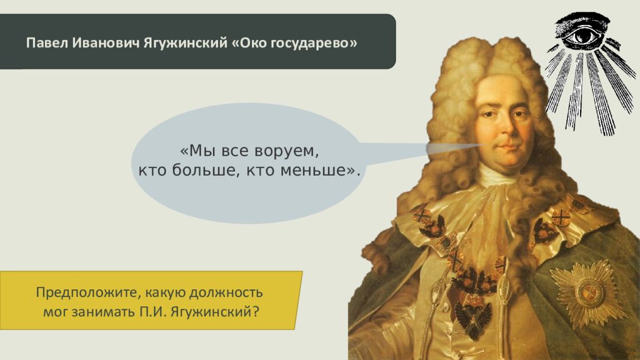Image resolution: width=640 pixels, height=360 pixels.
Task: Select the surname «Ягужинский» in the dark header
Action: [x=185, y=43]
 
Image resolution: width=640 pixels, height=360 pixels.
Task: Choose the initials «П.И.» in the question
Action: [x=153, y=312]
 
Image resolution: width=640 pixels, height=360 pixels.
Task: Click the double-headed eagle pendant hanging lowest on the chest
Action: [x=474, y=319]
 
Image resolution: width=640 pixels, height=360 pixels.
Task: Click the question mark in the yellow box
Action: [x=256, y=312]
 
